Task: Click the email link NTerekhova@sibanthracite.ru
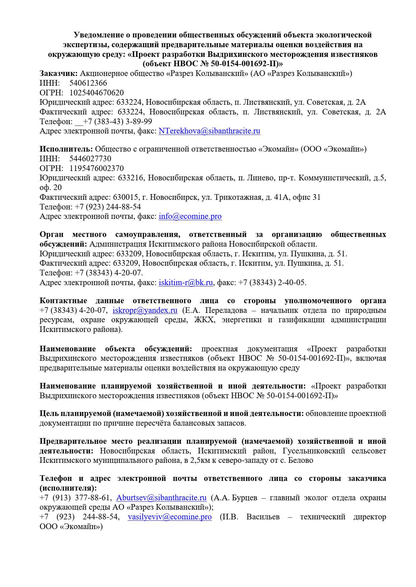tap(209, 131)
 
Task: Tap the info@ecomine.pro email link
tap(190, 216)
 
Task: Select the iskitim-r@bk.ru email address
tap(186, 282)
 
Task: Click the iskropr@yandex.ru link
tap(145, 310)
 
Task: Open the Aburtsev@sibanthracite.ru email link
tap(161, 498)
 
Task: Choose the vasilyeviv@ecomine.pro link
tap(170, 517)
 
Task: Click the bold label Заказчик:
tap(59, 73)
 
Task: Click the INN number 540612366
tap(88, 83)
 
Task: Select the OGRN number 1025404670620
tap(97, 93)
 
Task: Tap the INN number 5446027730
tap(90, 159)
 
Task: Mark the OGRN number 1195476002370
tap(97, 168)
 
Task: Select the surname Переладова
tap(226, 310)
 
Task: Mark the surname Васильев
tap(263, 517)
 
